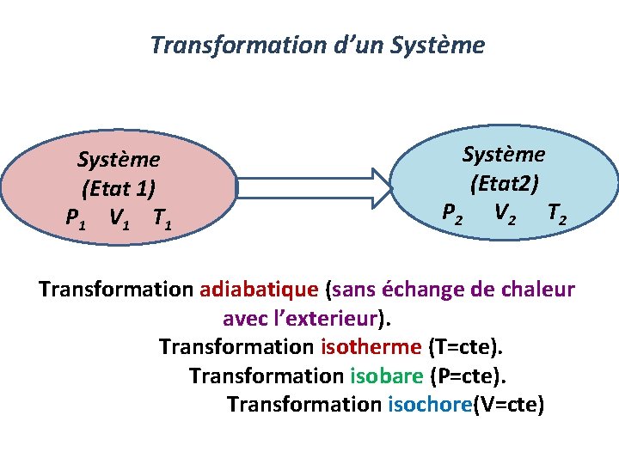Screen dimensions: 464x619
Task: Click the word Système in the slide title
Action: [438, 45]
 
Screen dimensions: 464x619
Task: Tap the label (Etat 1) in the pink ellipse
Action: [119, 188]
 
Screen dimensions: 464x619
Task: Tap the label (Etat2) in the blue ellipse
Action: [504, 183]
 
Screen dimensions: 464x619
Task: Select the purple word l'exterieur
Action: [328, 319]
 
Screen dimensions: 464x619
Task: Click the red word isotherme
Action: [371, 347]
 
